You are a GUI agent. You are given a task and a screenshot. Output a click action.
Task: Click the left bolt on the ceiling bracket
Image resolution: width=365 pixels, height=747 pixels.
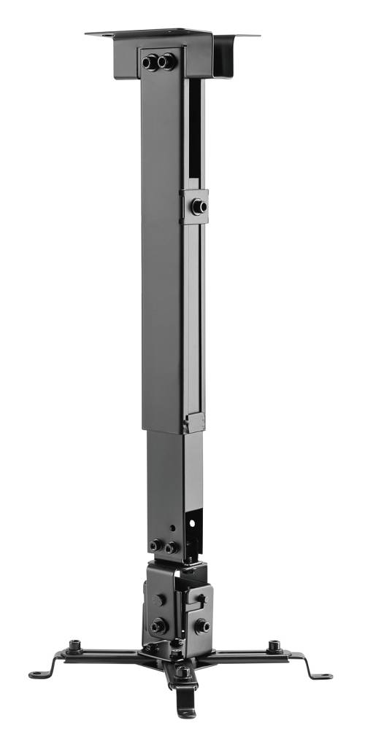[x=150, y=62]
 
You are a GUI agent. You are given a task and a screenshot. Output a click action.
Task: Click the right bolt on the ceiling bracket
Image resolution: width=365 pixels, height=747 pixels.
[x=166, y=62]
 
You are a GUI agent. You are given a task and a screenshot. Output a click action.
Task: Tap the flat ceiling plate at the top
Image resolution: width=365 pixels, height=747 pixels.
[x=172, y=34]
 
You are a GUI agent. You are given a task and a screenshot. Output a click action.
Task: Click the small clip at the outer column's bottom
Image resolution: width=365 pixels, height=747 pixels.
[x=193, y=422]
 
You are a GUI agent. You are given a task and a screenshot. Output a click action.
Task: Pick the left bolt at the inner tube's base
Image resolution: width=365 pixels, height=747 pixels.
[x=155, y=545]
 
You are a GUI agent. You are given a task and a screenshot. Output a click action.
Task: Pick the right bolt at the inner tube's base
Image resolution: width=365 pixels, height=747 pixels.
[x=170, y=547]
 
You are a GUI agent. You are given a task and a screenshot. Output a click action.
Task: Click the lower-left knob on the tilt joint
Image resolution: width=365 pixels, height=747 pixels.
[x=157, y=625]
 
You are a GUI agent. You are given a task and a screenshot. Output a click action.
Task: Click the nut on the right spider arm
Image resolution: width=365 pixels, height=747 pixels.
[x=273, y=645]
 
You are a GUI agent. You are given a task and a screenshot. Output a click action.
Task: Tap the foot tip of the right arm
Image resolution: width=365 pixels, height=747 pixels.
[x=326, y=676]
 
